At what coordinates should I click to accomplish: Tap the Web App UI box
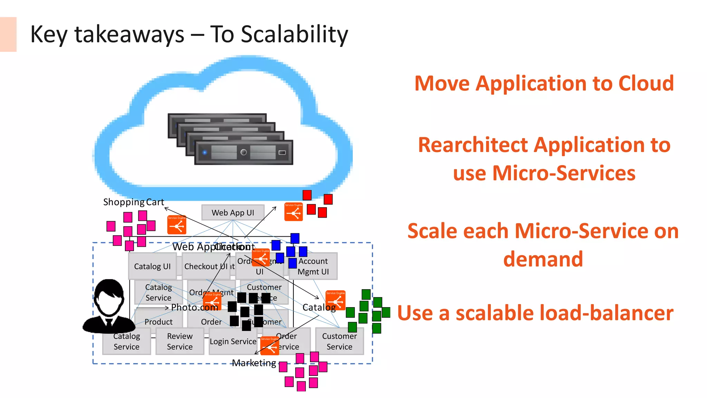[233, 212]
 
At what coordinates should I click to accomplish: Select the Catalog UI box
[152, 266]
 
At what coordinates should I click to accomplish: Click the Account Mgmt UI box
[313, 266]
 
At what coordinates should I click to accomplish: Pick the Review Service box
[180, 341]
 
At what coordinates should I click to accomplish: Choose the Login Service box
[233, 342]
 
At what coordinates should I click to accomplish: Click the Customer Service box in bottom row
[339, 341]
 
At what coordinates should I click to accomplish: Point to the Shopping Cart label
[133, 202]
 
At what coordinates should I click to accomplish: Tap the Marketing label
[254, 363]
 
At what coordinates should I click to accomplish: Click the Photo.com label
[194, 307]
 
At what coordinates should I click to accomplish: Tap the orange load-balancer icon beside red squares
[293, 212]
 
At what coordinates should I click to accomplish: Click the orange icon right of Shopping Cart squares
[177, 225]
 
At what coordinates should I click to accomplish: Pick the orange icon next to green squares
[335, 300]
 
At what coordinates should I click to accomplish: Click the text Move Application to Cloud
[544, 84]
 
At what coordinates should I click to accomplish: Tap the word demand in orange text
[543, 259]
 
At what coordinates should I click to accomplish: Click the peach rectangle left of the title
[8, 35]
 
